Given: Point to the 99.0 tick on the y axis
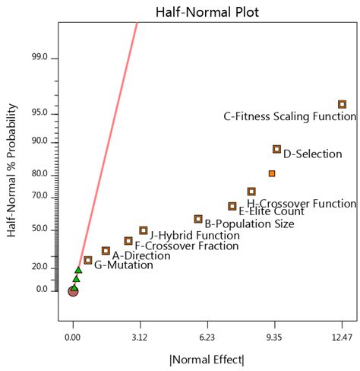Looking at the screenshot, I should [39, 57].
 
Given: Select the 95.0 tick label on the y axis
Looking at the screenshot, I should [39, 113].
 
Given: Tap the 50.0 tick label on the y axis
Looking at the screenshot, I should [39, 229].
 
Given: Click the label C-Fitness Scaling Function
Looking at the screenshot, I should [289, 116].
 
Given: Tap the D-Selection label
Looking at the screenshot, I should [312, 154].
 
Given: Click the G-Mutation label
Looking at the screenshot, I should [118, 265].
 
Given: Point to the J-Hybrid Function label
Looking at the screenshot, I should [194, 236].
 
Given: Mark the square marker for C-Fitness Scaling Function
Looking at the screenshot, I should [342, 104].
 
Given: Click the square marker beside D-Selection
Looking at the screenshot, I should [276, 149].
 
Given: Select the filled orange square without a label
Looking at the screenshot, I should [272, 173].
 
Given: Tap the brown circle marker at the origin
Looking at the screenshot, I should [73, 290].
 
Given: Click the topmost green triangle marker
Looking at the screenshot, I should [78, 270].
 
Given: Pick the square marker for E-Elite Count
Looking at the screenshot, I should [232, 206].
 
